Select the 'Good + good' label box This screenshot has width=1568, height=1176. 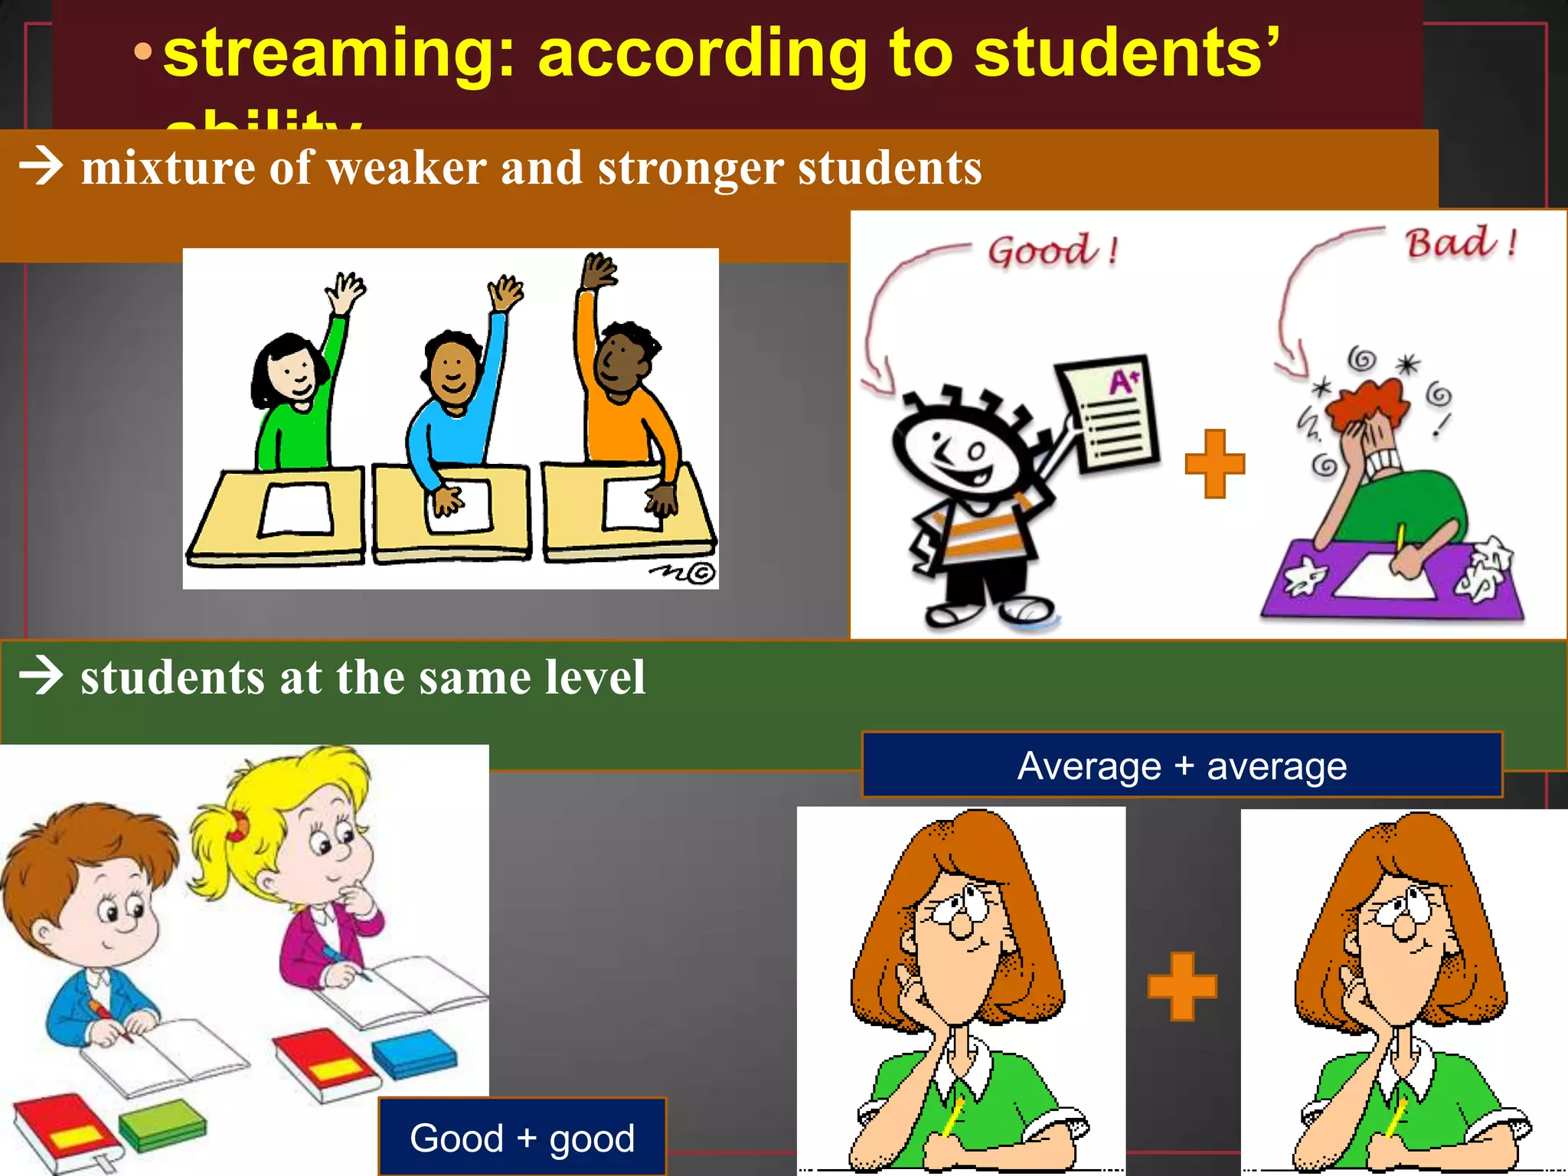click(x=522, y=1138)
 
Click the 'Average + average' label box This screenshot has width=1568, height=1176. click(x=1181, y=766)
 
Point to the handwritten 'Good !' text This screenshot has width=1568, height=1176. click(x=1052, y=251)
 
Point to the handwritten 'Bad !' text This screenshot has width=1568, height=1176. click(x=1459, y=243)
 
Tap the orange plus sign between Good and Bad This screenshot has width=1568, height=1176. click(x=1214, y=464)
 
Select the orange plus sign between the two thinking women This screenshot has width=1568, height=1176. click(x=1181, y=986)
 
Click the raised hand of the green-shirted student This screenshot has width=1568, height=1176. click(x=346, y=292)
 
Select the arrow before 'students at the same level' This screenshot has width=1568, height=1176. click(x=41, y=675)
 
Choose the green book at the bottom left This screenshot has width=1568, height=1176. click(x=162, y=1125)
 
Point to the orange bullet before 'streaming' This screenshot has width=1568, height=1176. click(x=142, y=52)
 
